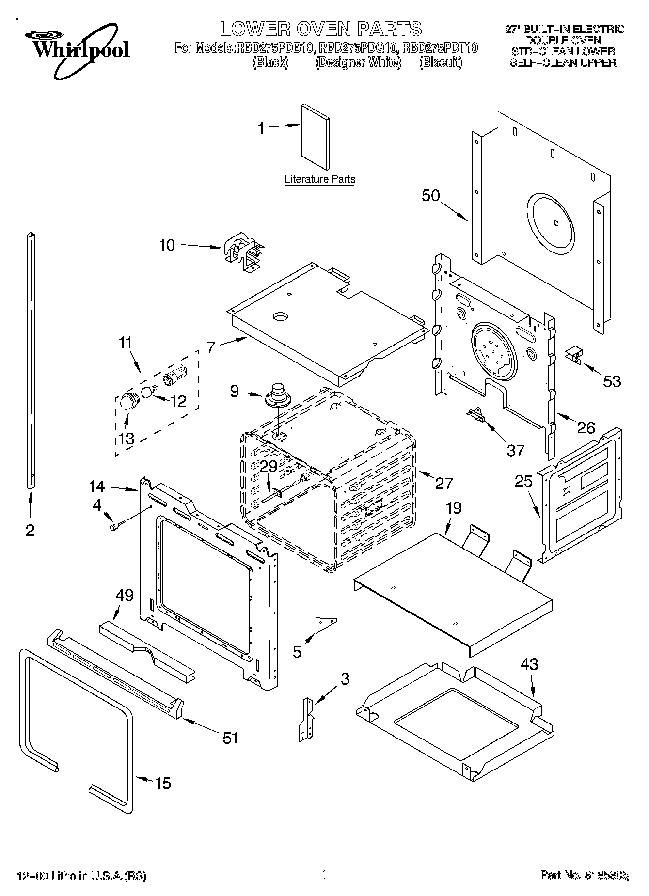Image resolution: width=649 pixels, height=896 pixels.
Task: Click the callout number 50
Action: pos(430,196)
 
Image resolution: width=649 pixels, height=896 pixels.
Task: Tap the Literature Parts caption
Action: pos(320,179)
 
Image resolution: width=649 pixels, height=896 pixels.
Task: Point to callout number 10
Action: pos(167,245)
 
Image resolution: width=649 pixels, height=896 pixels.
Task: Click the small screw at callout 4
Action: pos(116,526)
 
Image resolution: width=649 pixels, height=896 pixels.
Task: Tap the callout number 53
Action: pos(612,381)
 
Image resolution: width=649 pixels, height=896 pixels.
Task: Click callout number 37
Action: pos(515,451)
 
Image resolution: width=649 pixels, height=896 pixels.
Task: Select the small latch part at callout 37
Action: pos(475,414)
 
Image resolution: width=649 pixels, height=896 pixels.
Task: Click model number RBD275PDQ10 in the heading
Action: pos(359,48)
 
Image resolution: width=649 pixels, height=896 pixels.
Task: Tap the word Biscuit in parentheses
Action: pos(441,63)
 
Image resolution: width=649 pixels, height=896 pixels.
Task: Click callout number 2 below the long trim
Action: pos(30,531)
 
